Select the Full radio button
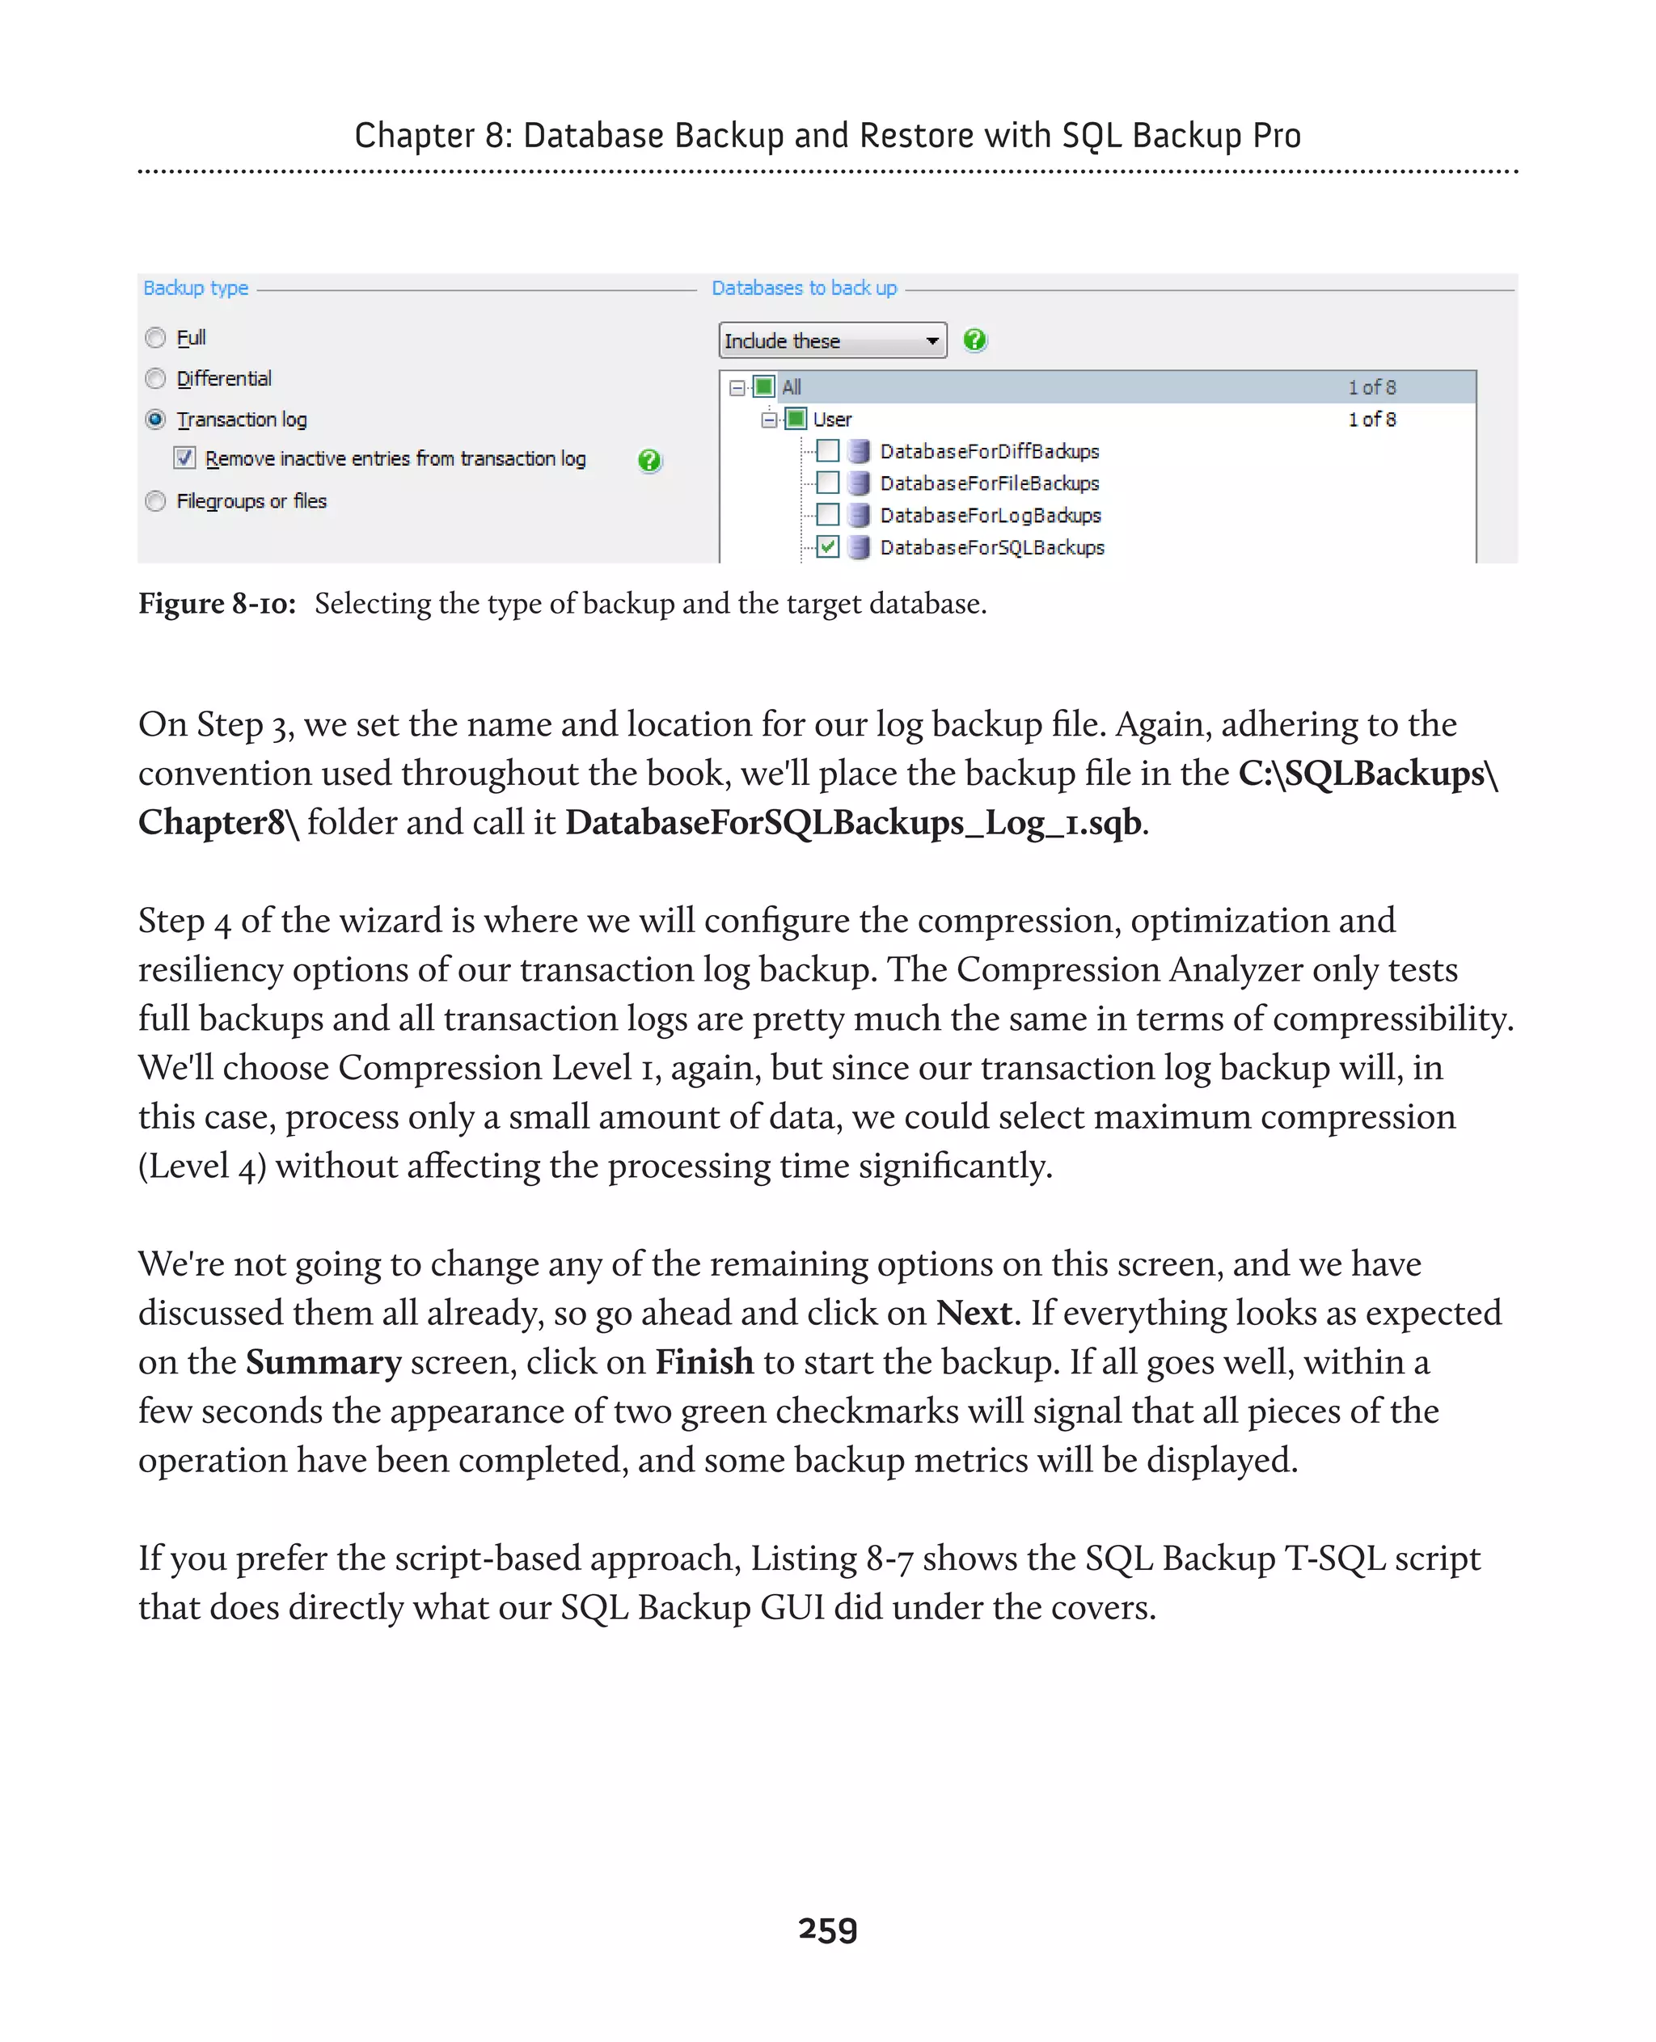pos(155,338)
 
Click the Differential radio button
pos(155,378)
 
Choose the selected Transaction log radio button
pos(155,420)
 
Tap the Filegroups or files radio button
pos(155,500)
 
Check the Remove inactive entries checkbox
pos(185,458)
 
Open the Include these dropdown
pos(832,340)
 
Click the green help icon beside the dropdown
pos(974,340)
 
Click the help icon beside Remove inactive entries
pos(649,461)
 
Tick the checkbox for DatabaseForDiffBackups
pos(828,450)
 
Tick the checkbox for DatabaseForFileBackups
pos(828,483)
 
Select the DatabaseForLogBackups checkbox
pos(828,515)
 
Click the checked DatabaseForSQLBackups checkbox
pos(828,547)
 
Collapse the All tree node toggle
pos(737,387)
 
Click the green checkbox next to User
pos(796,419)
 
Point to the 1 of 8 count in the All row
pos(1371,387)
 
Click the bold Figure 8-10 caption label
pos(217,604)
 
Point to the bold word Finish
pos(704,1362)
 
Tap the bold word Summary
pos(323,1362)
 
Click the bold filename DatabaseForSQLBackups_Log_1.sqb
pos(854,822)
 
